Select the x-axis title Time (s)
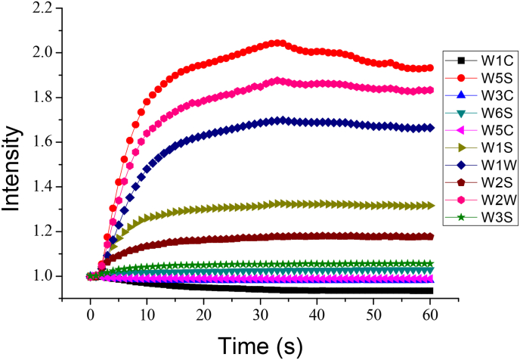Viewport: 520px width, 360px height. coord(260,345)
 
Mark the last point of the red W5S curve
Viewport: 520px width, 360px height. coord(429,68)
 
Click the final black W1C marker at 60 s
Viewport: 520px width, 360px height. coord(429,290)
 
